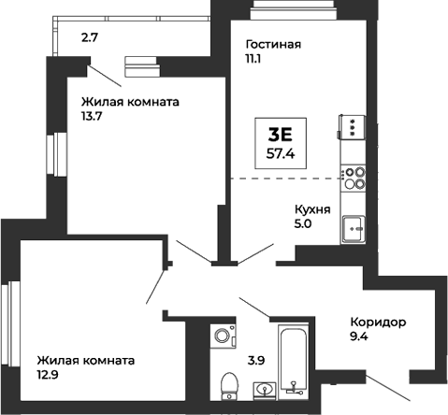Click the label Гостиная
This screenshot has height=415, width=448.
(273, 44)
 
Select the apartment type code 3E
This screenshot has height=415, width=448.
(281, 133)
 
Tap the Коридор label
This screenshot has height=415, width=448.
(378, 322)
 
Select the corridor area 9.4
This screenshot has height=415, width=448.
(361, 338)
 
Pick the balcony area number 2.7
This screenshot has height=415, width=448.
(89, 38)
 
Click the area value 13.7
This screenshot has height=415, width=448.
(92, 118)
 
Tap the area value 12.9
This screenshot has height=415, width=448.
(49, 376)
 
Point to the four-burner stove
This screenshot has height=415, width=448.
(354, 177)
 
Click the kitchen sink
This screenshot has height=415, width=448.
(354, 226)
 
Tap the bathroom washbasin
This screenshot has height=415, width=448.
(263, 389)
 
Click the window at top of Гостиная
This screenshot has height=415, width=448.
(284, 9)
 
